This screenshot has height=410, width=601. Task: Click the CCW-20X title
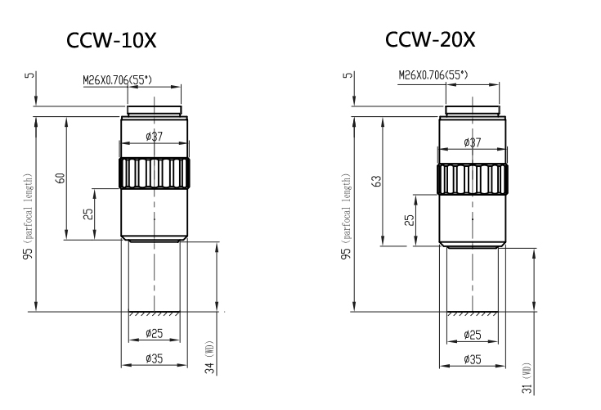click(428, 39)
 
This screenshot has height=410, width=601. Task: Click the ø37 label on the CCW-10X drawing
click(154, 137)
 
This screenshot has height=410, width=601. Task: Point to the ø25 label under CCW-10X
click(154, 333)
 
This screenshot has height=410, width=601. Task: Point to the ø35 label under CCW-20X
click(471, 358)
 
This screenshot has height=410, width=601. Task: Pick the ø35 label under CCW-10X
click(154, 358)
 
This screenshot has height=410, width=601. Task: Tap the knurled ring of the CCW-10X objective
click(155, 173)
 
